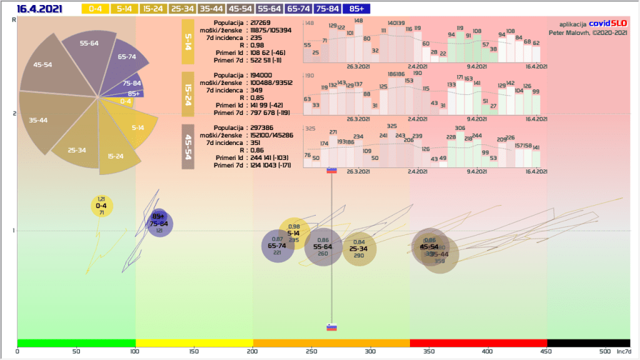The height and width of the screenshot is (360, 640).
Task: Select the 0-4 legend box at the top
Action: [96, 9]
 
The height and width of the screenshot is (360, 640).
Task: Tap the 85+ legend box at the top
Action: [357, 9]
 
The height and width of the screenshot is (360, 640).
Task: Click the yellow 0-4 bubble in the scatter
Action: [101, 206]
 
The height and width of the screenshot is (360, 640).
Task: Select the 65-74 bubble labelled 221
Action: [277, 246]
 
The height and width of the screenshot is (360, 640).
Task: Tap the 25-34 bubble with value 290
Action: [359, 249]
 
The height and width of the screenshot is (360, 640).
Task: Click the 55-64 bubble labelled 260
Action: [323, 247]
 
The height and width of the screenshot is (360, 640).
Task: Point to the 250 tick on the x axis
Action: [312, 351]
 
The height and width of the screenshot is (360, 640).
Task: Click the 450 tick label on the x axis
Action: [547, 351]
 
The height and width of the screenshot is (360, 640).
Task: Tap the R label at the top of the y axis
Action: [14, 21]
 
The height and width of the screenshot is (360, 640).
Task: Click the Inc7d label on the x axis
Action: [624, 351]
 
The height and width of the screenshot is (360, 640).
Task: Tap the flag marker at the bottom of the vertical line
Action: [332, 327]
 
